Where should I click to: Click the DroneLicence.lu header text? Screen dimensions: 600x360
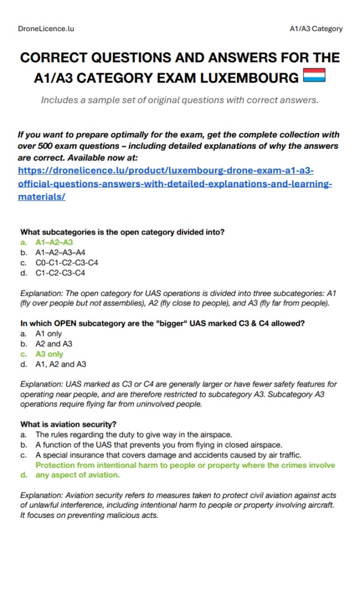pyautogui.click(x=46, y=28)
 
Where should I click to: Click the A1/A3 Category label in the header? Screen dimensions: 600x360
pyautogui.click(x=316, y=28)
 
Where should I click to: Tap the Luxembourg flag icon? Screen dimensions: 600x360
pyautogui.click(x=314, y=77)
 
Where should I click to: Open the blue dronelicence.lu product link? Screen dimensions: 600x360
pyautogui.click(x=174, y=183)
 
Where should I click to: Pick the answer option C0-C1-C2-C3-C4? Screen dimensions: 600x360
pyautogui.click(x=67, y=263)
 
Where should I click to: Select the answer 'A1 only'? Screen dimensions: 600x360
pyautogui.click(x=49, y=334)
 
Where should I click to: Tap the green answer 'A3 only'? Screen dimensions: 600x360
pyautogui.click(x=49, y=354)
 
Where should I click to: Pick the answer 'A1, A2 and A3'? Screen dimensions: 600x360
pyautogui.click(x=61, y=364)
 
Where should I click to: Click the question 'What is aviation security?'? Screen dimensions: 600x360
pyautogui.click(x=68, y=424)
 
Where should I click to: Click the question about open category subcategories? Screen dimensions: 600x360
pyautogui.click(x=122, y=232)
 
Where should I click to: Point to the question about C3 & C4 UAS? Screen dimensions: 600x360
pyautogui.click(x=163, y=323)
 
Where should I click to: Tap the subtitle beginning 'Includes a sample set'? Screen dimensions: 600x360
pyautogui.click(x=179, y=100)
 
